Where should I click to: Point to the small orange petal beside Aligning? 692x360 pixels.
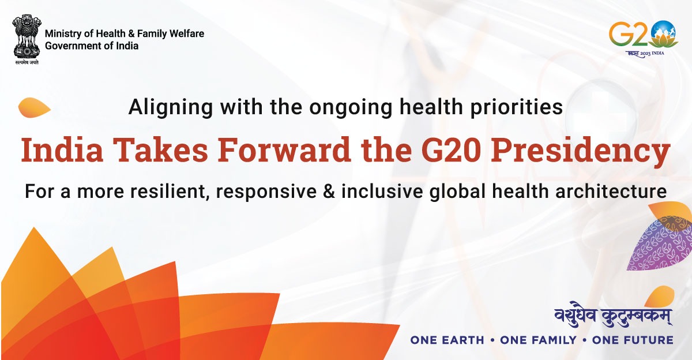34,107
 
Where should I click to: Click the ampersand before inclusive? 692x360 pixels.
327,191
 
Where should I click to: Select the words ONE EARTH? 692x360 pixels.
447,340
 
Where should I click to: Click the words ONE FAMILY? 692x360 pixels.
538,340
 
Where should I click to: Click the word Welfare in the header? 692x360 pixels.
186,34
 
